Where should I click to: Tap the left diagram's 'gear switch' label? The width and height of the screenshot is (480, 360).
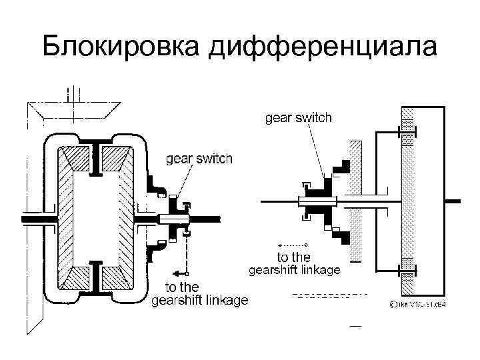(x=199, y=159)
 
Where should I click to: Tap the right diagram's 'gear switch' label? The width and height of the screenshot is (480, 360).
(x=299, y=118)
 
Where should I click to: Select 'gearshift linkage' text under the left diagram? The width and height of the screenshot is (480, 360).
(x=200, y=301)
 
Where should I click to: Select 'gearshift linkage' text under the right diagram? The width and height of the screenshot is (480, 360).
(x=295, y=270)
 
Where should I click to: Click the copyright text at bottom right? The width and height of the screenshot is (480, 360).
(x=417, y=305)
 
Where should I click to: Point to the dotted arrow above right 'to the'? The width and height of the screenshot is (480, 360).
(x=293, y=245)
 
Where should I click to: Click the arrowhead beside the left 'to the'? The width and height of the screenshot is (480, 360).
(x=174, y=273)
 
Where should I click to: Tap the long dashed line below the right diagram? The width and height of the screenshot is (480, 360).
(x=331, y=294)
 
